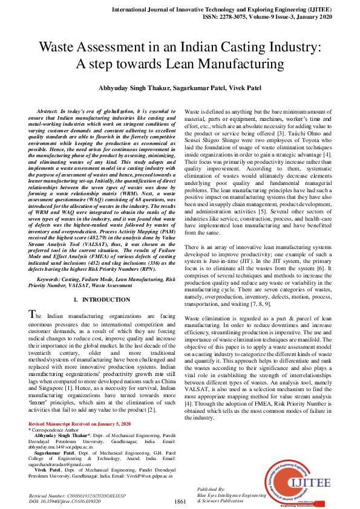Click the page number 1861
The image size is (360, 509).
click(180, 502)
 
